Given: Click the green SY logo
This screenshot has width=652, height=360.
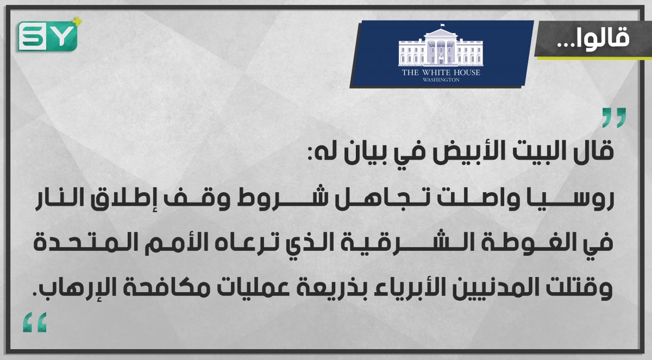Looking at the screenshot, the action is (x=48, y=36).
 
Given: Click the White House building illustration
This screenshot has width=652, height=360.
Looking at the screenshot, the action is (x=441, y=47).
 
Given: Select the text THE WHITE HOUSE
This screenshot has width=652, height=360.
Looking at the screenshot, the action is (x=441, y=72).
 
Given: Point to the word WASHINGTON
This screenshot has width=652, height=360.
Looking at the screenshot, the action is (x=441, y=80).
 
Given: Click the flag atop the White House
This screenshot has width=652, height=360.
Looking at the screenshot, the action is (x=442, y=26).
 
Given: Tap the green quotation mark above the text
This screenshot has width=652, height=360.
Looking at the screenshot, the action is (x=614, y=118).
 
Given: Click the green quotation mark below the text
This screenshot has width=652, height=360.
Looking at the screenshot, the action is (x=35, y=323).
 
